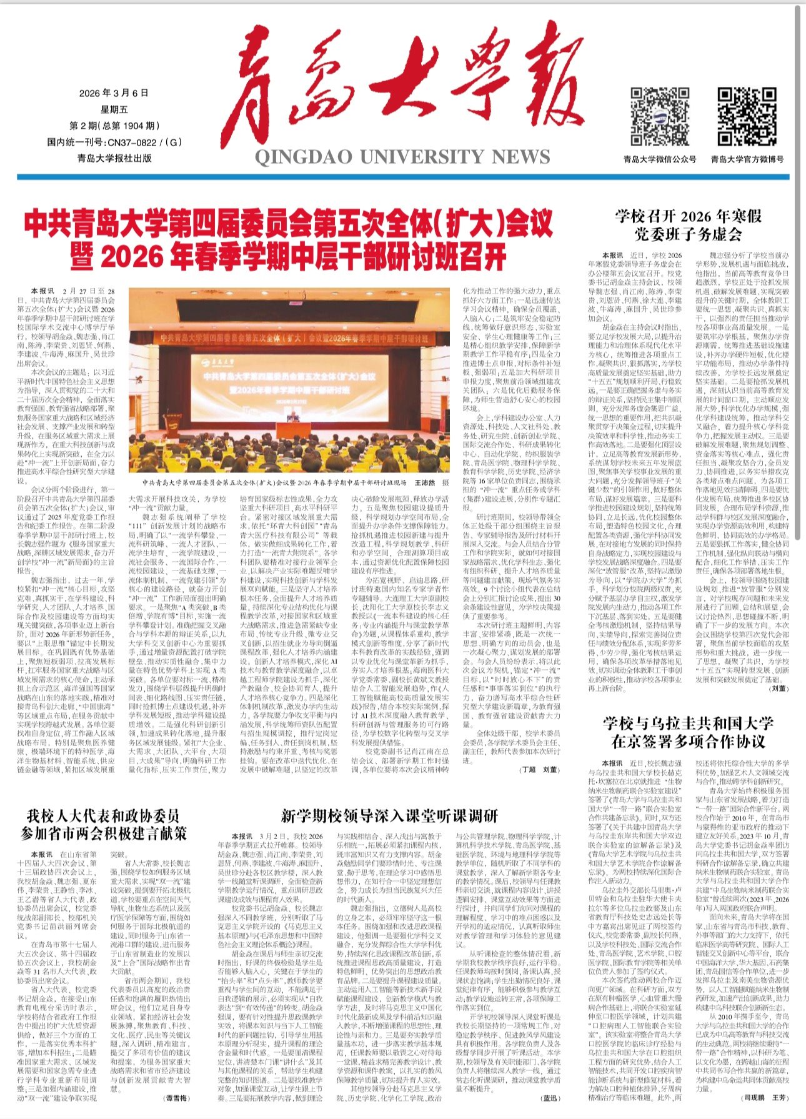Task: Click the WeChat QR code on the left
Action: point(659,117)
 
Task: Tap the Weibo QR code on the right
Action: point(747,117)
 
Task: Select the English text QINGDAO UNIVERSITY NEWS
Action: point(402,156)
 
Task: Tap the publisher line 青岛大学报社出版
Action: point(114,159)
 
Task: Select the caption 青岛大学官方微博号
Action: point(747,159)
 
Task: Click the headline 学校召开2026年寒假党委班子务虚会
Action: point(689,225)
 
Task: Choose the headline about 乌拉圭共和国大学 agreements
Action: point(689,732)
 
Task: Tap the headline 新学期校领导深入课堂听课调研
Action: point(389,815)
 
